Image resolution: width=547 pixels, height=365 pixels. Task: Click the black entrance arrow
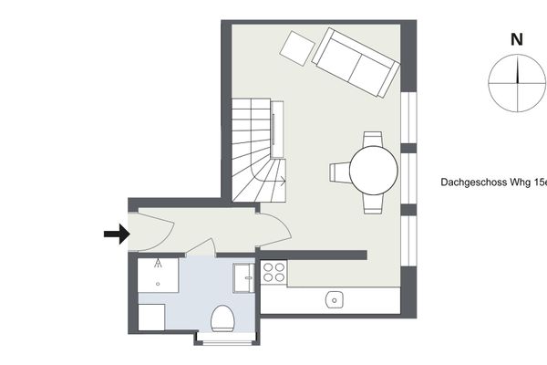point(118,234)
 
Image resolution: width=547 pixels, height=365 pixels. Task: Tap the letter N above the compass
point(517,40)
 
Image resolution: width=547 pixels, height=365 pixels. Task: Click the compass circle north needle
point(517,70)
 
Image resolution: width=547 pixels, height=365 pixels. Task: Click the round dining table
point(374,171)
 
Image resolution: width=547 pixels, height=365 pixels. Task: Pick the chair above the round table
point(373,140)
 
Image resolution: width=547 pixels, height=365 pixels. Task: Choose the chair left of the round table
point(340,172)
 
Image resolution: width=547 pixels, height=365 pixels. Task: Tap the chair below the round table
point(373,203)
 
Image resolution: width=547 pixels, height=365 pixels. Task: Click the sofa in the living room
point(356,63)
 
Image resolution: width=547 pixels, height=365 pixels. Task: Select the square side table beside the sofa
point(297,48)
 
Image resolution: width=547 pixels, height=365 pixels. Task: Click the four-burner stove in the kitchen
point(273,273)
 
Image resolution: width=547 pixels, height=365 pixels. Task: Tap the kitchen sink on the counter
point(335,300)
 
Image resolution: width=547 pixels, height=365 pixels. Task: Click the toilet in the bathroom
point(222,318)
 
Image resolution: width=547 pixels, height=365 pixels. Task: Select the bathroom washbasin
point(243,278)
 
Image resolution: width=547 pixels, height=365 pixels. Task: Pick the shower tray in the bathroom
point(158,276)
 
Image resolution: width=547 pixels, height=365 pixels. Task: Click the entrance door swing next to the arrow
point(151,232)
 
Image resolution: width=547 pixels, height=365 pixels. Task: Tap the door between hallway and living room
point(274,230)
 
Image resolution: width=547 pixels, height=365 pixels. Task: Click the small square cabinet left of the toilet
point(151,318)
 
